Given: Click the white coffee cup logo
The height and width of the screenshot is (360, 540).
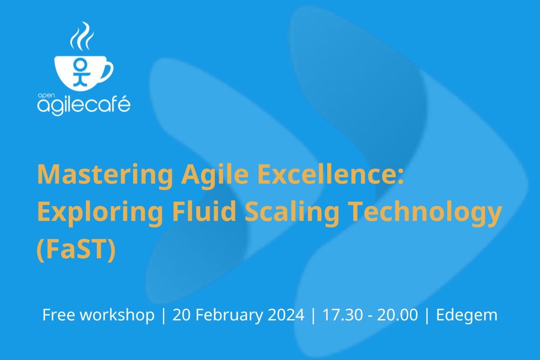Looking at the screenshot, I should (x=81, y=72).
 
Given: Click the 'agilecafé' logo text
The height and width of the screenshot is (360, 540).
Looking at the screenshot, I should (x=84, y=106).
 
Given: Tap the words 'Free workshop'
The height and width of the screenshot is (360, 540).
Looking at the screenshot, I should (x=98, y=315).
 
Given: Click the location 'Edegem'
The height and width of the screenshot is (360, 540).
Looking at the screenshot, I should (x=467, y=315).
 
